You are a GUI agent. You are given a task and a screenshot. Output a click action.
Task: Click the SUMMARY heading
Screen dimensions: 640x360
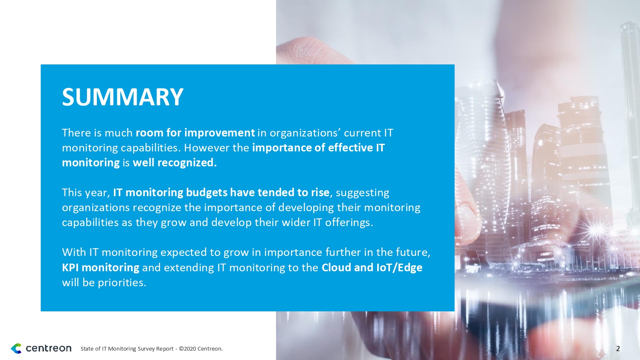click(122, 97)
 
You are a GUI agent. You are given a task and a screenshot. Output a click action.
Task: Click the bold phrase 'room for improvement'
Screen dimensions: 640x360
click(195, 133)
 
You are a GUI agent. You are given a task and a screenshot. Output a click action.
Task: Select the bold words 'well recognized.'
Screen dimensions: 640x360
click(175, 163)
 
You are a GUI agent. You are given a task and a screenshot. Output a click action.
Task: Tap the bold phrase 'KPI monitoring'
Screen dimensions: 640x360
click(101, 267)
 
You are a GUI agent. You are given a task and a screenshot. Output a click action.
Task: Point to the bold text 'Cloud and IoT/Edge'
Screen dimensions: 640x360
click(372, 267)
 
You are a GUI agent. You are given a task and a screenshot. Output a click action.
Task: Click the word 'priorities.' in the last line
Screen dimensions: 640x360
click(122, 282)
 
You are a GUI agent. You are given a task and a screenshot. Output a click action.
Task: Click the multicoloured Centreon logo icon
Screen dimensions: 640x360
click(16, 348)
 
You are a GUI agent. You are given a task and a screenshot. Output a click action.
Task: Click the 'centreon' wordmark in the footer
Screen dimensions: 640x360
click(49, 348)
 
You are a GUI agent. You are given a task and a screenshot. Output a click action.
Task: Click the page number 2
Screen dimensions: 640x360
click(618, 348)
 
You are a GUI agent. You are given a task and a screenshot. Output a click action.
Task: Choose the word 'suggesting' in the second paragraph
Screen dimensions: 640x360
click(362, 193)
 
